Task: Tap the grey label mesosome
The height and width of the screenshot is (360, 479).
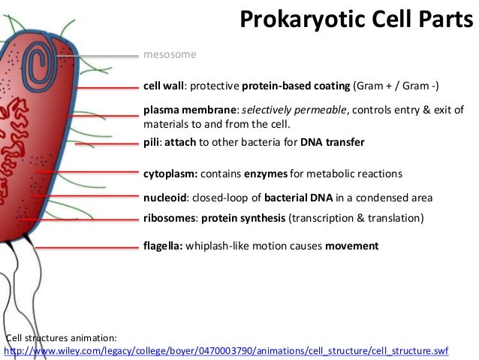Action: (x=170, y=55)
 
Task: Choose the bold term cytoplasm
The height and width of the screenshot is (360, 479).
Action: (x=170, y=174)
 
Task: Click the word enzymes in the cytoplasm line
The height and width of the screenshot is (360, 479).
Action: (x=264, y=174)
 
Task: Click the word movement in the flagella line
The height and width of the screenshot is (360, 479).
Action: (x=351, y=246)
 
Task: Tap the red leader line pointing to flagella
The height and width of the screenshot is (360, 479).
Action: (x=83, y=247)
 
